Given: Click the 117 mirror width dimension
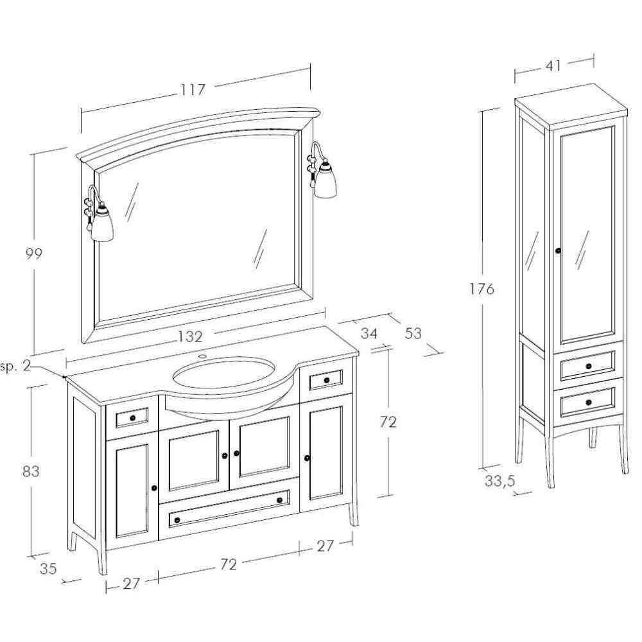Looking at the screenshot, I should (193, 90).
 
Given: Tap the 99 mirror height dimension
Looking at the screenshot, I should (34, 254).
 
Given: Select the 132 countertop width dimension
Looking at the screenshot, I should (190, 336).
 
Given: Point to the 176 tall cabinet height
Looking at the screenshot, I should (482, 289).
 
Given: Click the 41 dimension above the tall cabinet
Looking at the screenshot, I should (553, 65).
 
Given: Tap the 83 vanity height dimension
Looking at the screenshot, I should (31, 471).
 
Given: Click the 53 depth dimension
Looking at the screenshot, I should (414, 333).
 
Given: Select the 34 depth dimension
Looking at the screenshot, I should (369, 333).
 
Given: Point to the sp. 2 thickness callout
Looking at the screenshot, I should (16, 367).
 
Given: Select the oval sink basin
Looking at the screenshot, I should (223, 374).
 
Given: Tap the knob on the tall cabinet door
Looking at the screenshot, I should (558, 250).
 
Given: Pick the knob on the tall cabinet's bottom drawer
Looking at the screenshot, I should (589, 403).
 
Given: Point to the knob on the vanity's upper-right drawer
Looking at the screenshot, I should (327, 381).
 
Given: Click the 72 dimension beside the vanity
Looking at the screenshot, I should (388, 422).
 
